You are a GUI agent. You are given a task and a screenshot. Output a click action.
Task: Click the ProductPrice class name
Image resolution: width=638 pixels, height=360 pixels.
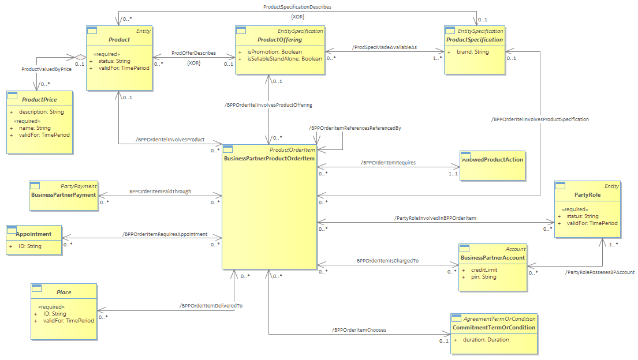(x=39, y=100)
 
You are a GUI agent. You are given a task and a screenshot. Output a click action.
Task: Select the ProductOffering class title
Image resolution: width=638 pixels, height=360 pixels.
(x=279, y=40)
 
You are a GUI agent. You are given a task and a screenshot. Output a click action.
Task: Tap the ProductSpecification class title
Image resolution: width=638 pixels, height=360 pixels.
(x=475, y=40)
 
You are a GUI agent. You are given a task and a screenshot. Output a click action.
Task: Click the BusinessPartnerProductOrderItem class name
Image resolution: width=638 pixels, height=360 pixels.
(x=270, y=159)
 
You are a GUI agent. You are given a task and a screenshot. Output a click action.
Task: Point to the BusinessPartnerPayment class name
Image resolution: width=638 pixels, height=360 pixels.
(x=64, y=195)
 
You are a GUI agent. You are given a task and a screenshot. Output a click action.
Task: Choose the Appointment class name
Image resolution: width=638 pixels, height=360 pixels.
(x=33, y=234)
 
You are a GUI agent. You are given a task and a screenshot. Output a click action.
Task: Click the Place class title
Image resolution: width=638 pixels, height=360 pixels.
(x=64, y=292)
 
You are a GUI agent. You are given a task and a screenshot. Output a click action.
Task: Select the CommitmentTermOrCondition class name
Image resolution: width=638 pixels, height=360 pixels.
(x=494, y=328)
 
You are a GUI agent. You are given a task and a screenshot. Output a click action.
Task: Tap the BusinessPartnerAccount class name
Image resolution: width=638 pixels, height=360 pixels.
(x=493, y=258)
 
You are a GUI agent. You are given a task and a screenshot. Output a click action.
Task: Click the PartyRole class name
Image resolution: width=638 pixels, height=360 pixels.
(x=588, y=195)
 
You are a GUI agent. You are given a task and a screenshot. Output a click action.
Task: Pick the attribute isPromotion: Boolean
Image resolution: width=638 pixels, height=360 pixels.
(x=275, y=52)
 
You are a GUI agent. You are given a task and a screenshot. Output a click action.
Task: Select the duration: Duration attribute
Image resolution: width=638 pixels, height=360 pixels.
(x=486, y=340)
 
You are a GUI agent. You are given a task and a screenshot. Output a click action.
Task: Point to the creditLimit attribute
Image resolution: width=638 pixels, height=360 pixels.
(x=484, y=270)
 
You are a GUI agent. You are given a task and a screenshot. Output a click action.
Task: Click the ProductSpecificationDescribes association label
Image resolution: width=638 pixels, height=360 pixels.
(x=297, y=7)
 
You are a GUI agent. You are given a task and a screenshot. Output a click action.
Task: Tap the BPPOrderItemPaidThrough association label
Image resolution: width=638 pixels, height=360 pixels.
(x=160, y=192)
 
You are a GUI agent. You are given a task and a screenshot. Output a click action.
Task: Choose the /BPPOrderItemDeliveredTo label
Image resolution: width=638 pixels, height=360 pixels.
(x=211, y=306)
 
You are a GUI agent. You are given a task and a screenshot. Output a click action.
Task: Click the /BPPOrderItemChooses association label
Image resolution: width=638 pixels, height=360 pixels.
(x=359, y=331)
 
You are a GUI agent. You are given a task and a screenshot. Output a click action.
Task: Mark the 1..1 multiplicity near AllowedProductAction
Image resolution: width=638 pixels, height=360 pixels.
(x=453, y=174)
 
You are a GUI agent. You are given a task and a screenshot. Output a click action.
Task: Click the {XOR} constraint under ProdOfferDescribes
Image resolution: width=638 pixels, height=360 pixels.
(x=193, y=63)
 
